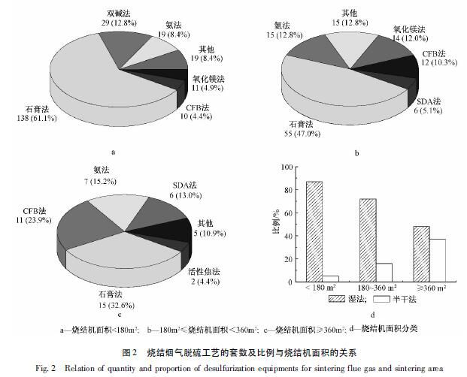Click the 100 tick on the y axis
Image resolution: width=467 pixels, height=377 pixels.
284,168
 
